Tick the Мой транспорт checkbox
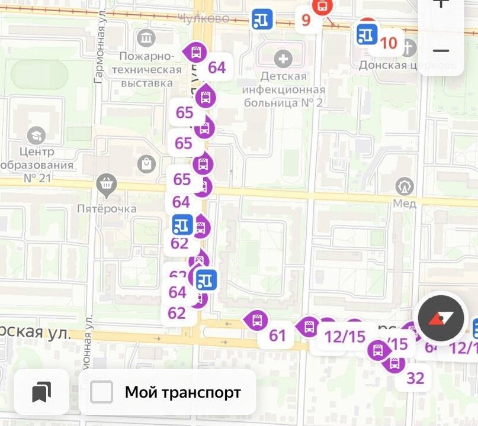[101, 392]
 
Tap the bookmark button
[41, 392]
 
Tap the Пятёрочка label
[107, 208]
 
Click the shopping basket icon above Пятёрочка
[107, 186]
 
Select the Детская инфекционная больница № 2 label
[284, 89]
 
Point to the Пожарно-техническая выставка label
[150, 69]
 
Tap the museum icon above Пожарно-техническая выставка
[146, 38]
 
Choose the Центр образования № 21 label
[37, 164]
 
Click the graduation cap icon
[36, 135]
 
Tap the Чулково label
[203, 19]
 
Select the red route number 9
[306, 20]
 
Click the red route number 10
[389, 43]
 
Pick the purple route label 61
[277, 336]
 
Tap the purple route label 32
[415, 377]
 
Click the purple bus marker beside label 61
[256, 321]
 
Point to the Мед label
[405, 204]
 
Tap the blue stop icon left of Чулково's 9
[262, 19]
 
